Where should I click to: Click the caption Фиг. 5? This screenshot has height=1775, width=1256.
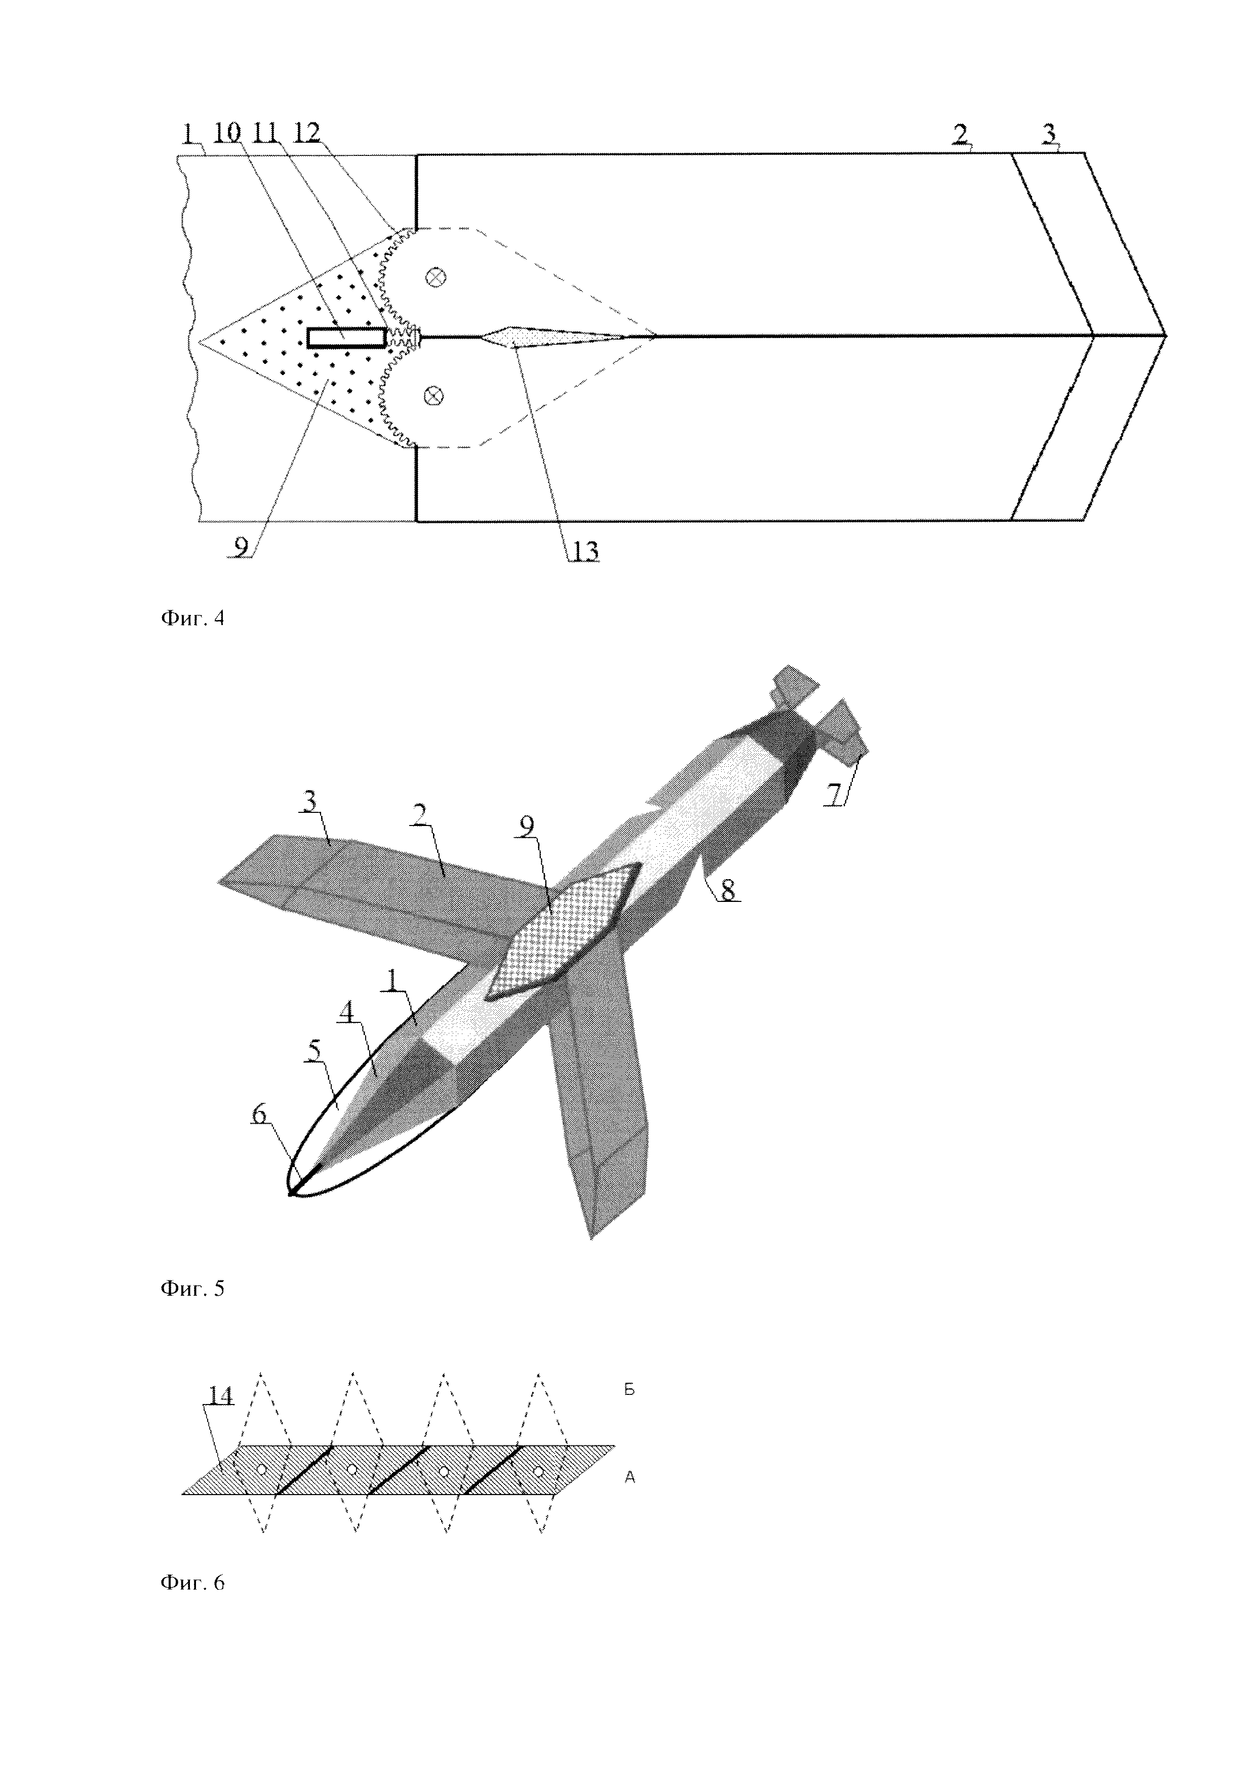click(192, 1289)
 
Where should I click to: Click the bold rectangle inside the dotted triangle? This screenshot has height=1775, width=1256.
click(346, 337)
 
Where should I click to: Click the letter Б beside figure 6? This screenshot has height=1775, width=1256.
click(630, 1390)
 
